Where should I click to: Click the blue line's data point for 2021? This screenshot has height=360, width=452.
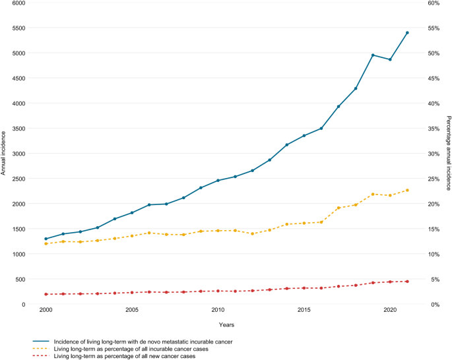[x=407, y=33]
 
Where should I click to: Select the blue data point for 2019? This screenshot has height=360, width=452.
[x=373, y=55]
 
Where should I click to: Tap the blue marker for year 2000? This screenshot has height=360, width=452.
[x=46, y=239]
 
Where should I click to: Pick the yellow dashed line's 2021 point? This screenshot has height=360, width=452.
[x=407, y=191]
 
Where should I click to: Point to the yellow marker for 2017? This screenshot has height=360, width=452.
[x=339, y=208]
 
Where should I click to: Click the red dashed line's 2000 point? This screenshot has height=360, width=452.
[x=46, y=294]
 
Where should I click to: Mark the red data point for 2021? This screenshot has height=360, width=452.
[x=407, y=282]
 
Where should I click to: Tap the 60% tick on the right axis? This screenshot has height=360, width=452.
[x=434, y=3]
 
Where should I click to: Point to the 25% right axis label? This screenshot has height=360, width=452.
[x=434, y=179]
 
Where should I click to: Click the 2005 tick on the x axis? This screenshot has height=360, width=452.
[x=132, y=310]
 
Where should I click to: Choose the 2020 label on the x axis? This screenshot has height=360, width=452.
[x=390, y=310]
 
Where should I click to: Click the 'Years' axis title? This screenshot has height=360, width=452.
[x=226, y=325]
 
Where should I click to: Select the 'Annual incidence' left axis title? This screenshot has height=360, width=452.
[x=3, y=153]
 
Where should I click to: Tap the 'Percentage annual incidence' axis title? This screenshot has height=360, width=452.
[x=449, y=153]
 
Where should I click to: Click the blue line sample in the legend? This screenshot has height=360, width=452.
[x=41, y=342]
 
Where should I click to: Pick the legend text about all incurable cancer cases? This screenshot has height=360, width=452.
[x=131, y=349]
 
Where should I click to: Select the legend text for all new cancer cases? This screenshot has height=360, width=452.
[x=125, y=356]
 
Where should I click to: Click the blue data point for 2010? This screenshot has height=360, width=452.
[x=218, y=181]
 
